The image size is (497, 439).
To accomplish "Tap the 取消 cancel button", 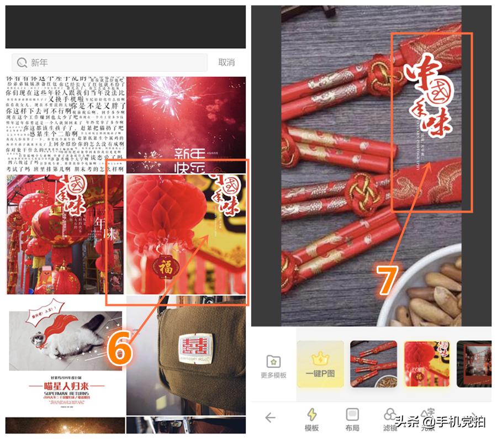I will point(226,63).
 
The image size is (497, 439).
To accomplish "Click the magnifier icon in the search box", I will point(23,63).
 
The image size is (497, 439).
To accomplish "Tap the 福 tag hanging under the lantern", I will point(166,267).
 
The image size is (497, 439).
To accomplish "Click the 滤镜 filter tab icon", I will point(390,415).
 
